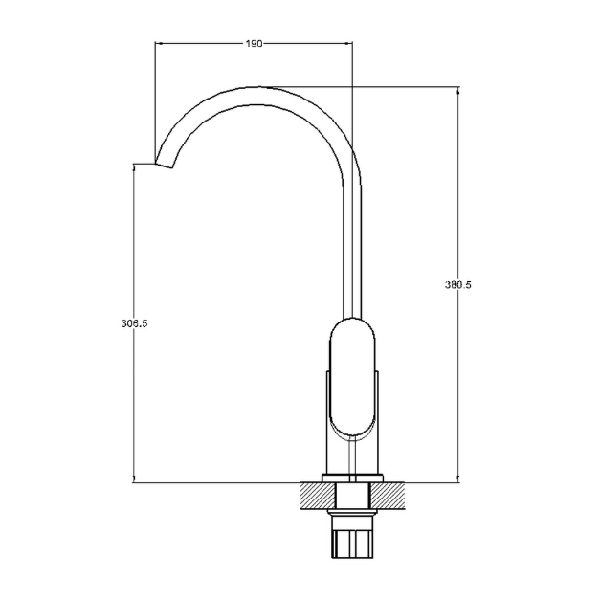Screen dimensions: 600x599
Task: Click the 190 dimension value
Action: coord(255,44)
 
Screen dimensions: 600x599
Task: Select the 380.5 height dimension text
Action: coord(458,285)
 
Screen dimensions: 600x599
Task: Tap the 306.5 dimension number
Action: coord(134,323)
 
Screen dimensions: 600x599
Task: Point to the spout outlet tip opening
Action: coord(164,166)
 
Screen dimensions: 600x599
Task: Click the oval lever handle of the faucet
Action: coord(352,377)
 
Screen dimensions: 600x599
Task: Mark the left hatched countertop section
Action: coord(318,496)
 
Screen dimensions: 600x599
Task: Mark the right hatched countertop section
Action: coord(387,496)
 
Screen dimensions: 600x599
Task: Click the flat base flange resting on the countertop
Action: coord(352,478)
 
